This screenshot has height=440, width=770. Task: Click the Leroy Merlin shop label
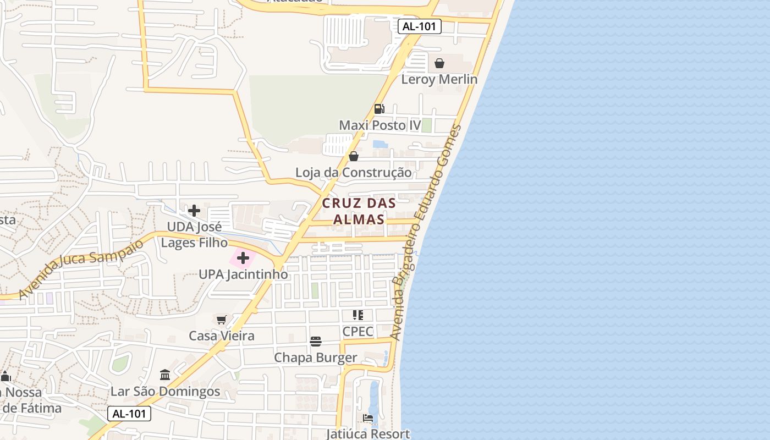pos(439,79)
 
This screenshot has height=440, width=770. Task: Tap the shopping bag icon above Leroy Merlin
pos(439,63)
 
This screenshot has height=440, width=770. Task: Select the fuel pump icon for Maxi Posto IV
pos(379,109)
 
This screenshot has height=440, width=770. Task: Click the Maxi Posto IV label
pos(380,125)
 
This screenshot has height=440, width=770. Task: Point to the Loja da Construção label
pos(353,173)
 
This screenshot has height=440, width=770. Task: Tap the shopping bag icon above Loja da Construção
pos(354,157)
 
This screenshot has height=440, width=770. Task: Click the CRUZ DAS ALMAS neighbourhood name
pos(359,211)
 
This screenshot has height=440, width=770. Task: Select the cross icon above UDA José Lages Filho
pos(194,211)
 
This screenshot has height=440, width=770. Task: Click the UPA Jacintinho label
pos(243,274)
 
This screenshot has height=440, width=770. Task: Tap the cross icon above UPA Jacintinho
pos(243,258)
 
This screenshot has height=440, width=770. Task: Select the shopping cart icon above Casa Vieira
pos(222,320)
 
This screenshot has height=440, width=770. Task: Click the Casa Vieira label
pos(222,335)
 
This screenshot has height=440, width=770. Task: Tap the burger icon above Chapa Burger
pos(316,342)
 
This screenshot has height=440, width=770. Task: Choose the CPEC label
pos(358,332)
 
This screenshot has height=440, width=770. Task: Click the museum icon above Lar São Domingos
pos(165,375)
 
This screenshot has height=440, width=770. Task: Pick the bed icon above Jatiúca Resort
pos(368,419)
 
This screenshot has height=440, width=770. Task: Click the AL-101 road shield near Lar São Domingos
pos(129,414)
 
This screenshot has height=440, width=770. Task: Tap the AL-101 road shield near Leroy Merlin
pos(420,26)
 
